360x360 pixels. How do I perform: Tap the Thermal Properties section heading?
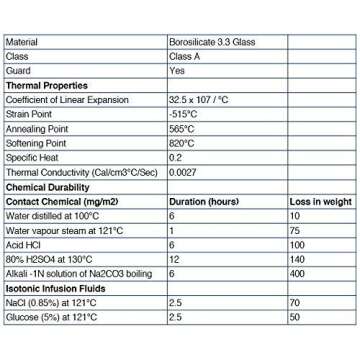[47, 85]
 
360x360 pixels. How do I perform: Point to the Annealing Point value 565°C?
[183, 129]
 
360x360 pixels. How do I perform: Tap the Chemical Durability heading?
[50, 187]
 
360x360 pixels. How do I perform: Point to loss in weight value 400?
[297, 273]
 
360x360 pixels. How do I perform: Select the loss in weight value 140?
[297, 259]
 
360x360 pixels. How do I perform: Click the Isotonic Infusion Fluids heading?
[57, 288]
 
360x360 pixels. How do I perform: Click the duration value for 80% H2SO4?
[174, 259]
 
